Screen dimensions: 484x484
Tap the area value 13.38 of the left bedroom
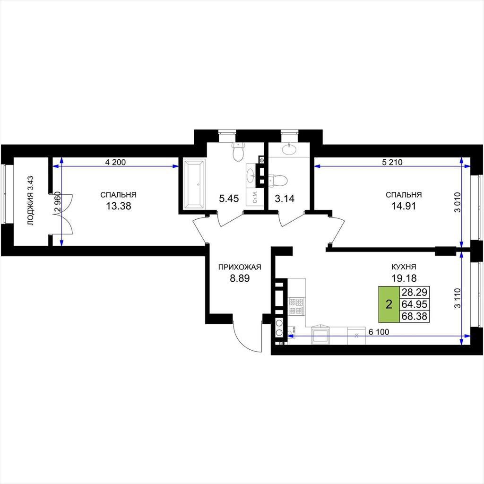119,206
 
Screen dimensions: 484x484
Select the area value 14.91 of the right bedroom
404,206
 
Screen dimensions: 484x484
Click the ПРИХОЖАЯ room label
240,267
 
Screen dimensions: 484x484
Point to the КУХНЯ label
404,267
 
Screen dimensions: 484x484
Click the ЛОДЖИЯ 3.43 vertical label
30,200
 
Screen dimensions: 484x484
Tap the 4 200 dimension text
115,162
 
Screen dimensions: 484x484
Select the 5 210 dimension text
392,162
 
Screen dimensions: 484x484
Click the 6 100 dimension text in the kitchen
379,332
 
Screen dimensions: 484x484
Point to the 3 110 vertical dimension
457,298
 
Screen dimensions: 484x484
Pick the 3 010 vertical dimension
457,202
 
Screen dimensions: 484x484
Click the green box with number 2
389,304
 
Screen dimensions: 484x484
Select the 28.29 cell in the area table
414,292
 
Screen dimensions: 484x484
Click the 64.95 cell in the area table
414,304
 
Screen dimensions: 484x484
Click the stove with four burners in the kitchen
296,306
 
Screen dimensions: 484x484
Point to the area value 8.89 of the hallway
240,278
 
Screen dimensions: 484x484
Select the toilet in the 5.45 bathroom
238,152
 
